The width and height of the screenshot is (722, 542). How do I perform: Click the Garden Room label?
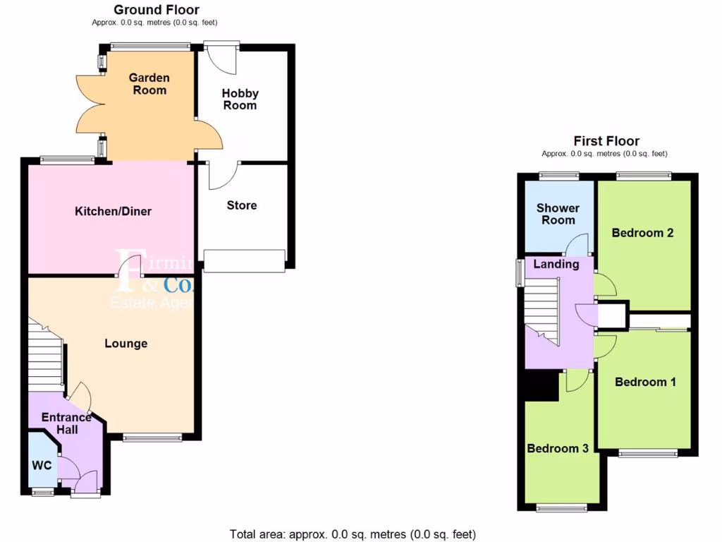pos(148,84)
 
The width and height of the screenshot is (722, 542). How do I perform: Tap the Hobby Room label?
pos(240,99)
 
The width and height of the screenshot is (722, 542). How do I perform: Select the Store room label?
pos(242,205)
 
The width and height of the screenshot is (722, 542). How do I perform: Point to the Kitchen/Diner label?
pos(114,211)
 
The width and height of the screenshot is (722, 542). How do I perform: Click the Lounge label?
pos(126,344)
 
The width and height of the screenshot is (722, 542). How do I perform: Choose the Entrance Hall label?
pos(66,423)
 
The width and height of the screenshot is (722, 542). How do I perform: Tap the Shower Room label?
pos(558,214)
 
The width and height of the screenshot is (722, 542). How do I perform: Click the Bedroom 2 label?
pos(642,233)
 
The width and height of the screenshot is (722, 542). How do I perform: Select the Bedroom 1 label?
pos(645,382)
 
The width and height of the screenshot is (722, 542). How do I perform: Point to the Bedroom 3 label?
pos(558,448)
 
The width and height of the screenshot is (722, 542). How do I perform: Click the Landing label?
pos(556,264)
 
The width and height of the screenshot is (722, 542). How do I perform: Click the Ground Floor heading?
pos(156,10)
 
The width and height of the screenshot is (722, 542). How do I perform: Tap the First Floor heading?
pos(606,141)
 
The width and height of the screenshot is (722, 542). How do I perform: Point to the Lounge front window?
pos(152,438)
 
